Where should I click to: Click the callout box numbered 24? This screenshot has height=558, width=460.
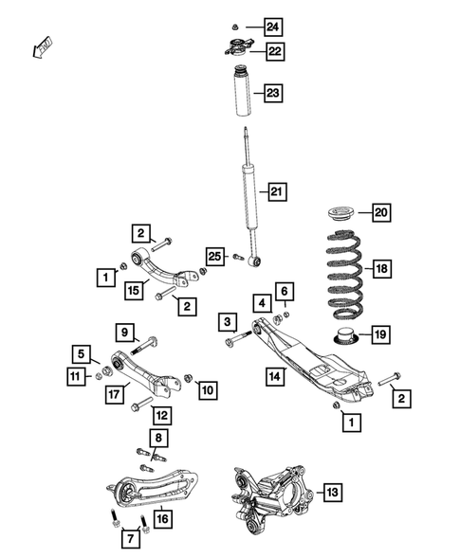pos(273,25)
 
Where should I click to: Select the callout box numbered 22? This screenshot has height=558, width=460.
pos(273,51)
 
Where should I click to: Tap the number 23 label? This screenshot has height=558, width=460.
pos(273,93)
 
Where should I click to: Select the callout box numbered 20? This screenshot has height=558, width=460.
pos(381,212)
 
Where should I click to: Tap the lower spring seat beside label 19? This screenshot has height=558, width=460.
pos(344,335)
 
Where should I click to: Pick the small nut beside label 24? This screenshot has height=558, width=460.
pos(236,25)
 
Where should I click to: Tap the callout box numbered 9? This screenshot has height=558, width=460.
pos(125,332)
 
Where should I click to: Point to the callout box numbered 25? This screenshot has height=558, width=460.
pos(215,257)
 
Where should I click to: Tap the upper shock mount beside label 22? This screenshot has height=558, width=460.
pos(237,52)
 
